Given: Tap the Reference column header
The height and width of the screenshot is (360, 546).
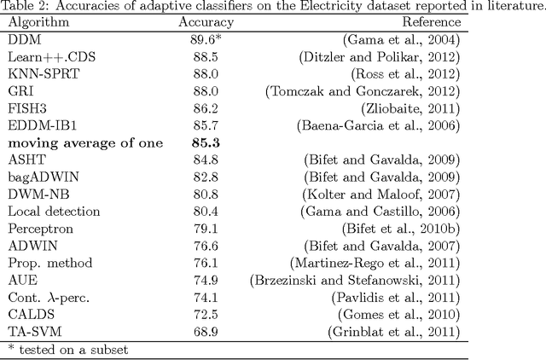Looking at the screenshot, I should pos(431,23).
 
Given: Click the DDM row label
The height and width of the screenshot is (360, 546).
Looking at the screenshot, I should pos(25,40).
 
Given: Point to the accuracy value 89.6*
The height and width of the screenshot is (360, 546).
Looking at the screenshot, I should pos(206,40).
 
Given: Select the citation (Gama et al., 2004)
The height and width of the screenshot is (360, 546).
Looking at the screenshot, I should pos(400,40).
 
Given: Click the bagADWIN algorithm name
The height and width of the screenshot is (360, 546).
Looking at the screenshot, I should pos(43,177).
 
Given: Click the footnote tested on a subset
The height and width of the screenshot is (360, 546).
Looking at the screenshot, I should pos(68,349).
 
